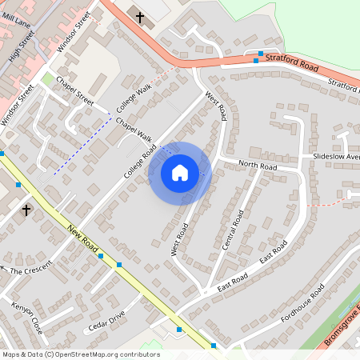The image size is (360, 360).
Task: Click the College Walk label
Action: coord(133,99)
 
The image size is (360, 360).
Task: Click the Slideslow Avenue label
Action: coord(336,157)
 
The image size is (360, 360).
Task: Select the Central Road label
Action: coord(232,230)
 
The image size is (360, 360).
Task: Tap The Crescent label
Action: coord(30,271)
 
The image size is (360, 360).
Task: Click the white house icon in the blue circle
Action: coord(180,173)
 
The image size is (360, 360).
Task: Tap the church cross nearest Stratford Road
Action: coord(140,17)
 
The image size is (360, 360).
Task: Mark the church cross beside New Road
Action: coord(26,210)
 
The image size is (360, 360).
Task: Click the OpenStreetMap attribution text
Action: coord(80,354)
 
